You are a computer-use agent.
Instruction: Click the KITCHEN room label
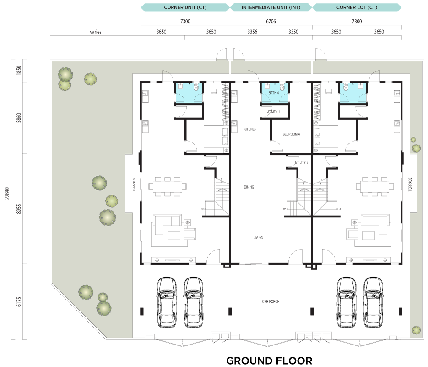(250, 129)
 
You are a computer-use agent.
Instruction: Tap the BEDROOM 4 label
(291, 134)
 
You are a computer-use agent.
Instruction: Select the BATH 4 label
(273, 93)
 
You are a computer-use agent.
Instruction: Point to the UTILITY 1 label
(273, 111)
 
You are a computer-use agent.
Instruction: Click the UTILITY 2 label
(301, 162)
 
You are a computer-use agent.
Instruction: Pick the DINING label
(249, 187)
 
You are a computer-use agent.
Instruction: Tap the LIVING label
(258, 238)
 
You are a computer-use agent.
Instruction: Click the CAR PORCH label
(271, 302)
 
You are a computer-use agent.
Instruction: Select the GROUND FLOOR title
(269, 361)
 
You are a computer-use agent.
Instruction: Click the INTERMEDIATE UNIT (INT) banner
(271, 7)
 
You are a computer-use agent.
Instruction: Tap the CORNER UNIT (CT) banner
(185, 7)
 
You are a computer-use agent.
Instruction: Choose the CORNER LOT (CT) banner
(357, 7)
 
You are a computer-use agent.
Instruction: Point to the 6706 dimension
(271, 21)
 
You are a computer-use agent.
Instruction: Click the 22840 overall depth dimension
(7, 193)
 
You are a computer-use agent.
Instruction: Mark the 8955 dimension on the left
(19, 209)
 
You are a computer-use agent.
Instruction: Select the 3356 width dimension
(252, 32)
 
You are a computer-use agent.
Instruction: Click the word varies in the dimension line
(96, 32)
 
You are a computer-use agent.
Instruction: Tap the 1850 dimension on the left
(19, 70)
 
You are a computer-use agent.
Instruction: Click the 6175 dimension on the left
(19, 302)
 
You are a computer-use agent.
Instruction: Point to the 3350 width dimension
(293, 32)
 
